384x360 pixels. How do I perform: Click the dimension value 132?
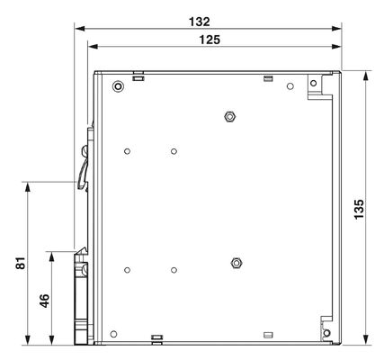[200, 22]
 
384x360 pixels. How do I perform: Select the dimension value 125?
[210, 40]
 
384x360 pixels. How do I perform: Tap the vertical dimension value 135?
[359, 209]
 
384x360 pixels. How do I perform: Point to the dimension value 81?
[21, 263]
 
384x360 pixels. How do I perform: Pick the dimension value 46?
[44, 301]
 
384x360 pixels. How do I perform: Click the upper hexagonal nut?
[229, 116]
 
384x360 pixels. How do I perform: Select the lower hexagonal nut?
[237, 263]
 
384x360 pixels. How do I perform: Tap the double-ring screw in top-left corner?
[118, 86]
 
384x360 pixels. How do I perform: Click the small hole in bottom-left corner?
[113, 334]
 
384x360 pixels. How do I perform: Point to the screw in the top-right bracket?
[313, 83]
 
